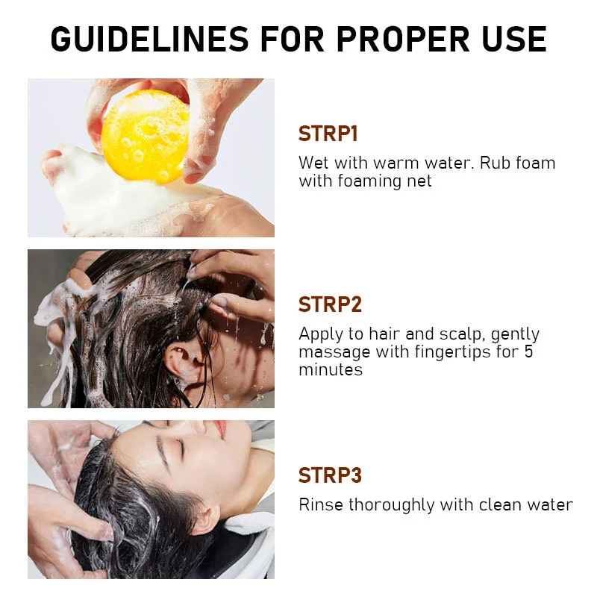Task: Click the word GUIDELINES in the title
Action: [150, 39]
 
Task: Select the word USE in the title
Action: [514, 39]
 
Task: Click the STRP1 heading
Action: [328, 134]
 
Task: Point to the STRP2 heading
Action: [330, 304]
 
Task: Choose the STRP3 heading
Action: [330, 475]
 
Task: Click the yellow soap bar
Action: [146, 137]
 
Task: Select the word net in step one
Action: [419, 181]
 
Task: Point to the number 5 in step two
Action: [528, 351]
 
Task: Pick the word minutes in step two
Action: [331, 369]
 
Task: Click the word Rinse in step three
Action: [322, 505]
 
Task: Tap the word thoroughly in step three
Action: [391, 506]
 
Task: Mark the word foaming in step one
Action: [369, 181]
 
